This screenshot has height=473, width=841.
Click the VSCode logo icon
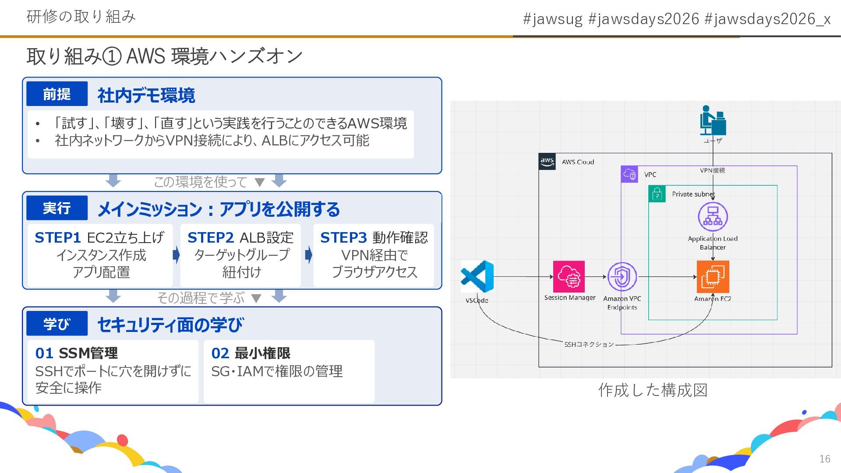click(x=477, y=276)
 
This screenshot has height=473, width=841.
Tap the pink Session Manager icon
click(x=569, y=277)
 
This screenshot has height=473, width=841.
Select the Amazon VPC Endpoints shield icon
click(x=622, y=277)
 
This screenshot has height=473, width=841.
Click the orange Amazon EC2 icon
click(x=713, y=277)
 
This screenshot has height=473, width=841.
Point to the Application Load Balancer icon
click(x=713, y=217)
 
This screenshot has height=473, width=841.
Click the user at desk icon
click(x=712, y=120)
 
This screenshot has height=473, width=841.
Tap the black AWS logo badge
click(x=547, y=161)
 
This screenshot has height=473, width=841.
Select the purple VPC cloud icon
click(x=629, y=174)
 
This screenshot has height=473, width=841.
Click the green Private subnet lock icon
click(x=657, y=194)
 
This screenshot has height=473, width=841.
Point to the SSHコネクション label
click(x=589, y=345)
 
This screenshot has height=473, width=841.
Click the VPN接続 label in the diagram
click(x=712, y=170)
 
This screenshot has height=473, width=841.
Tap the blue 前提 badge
click(x=57, y=94)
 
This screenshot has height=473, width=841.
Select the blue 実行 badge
click(x=57, y=208)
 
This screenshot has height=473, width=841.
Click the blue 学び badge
click(x=57, y=324)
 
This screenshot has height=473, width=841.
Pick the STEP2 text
click(x=210, y=238)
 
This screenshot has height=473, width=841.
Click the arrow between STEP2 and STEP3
click(x=308, y=255)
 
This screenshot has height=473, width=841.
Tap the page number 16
click(x=825, y=459)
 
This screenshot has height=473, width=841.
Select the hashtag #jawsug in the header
click(x=553, y=19)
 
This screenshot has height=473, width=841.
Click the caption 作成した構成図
click(x=653, y=390)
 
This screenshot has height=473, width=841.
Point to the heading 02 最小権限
click(x=251, y=353)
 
